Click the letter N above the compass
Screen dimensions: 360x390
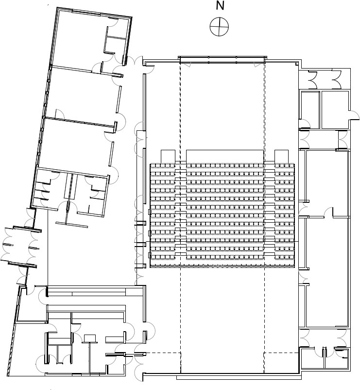[x=220, y=6]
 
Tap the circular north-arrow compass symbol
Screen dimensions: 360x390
[x=220, y=26]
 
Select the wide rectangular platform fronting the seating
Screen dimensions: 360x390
[x=224, y=157]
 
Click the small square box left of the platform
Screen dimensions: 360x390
[x=168, y=157]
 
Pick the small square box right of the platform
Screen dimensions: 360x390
[x=281, y=157]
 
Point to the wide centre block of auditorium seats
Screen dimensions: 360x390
[x=224, y=215]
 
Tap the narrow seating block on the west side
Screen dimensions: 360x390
[x=163, y=215]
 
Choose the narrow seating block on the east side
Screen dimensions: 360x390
[x=285, y=215]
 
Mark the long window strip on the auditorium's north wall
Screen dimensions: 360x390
[x=222, y=60]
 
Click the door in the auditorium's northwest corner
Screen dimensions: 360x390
[x=150, y=69]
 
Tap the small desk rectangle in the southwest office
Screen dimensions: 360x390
[x=90, y=338]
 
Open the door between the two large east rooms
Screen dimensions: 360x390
[x=328, y=212]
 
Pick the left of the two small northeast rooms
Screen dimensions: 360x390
[x=310, y=110]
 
